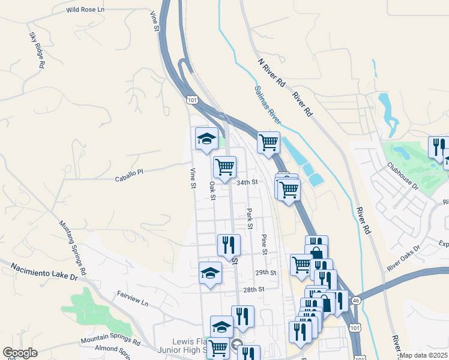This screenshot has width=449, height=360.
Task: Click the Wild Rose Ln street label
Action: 85,10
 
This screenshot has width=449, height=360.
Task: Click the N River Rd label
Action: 271,73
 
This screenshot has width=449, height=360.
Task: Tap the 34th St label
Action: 247,182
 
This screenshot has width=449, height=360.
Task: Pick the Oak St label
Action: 212,188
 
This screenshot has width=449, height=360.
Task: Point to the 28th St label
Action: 254,289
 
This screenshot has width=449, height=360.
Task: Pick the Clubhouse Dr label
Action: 402,175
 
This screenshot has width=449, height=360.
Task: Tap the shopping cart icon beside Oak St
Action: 224,167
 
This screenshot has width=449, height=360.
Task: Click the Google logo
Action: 20,353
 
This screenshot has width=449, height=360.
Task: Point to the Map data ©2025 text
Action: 423,355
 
